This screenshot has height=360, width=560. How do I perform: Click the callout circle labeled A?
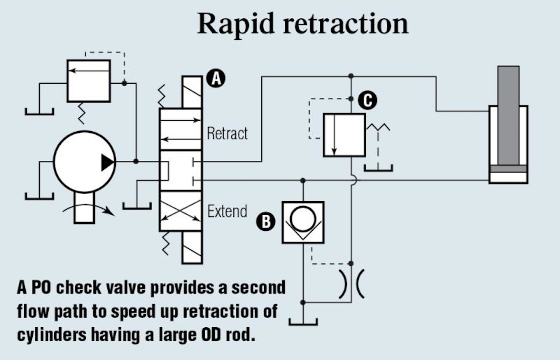click(216, 78)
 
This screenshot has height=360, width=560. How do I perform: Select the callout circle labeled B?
click(266, 221)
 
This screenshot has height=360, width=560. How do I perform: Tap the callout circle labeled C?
click(367, 100)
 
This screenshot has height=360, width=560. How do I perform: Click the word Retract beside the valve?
click(227, 133)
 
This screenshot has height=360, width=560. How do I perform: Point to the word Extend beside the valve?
click(227, 211)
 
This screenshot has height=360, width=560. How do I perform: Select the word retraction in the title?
click(346, 24)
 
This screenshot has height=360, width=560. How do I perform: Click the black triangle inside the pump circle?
click(108, 162)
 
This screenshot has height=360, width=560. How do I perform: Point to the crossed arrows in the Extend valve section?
click(180, 211)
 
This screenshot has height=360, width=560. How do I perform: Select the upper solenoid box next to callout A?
click(192, 92)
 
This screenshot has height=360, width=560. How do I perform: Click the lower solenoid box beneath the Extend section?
click(192, 248)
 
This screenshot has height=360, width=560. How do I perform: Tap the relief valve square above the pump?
click(89, 81)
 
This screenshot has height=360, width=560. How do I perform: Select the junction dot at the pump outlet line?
click(136, 161)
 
